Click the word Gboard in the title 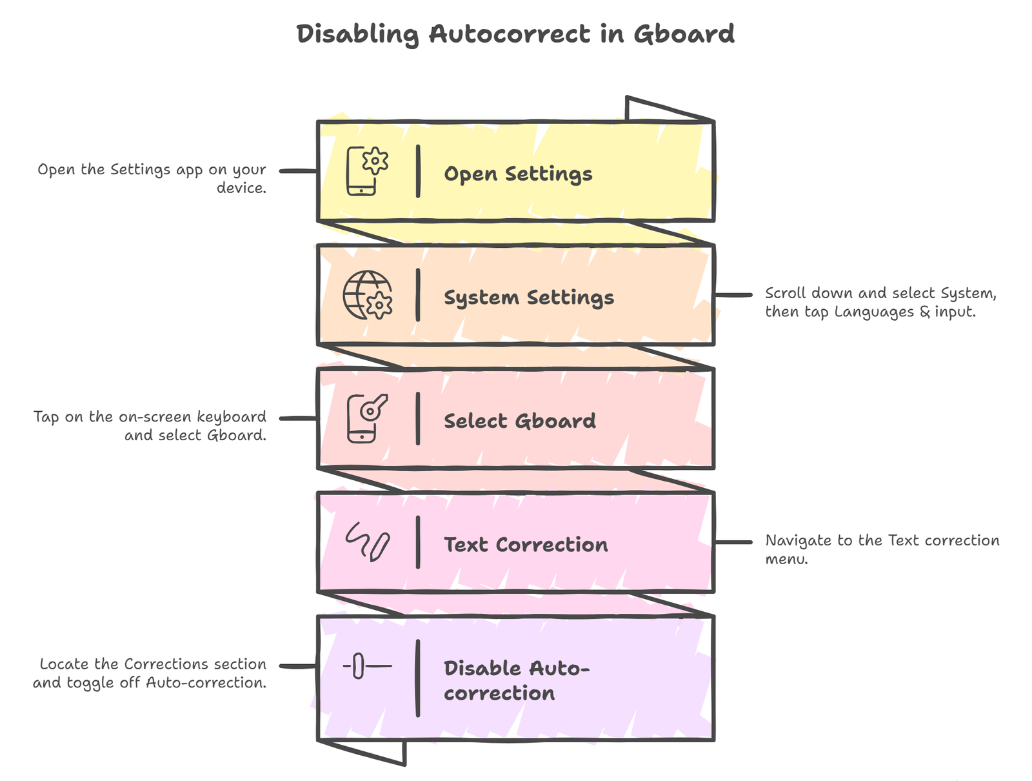pyautogui.click(x=684, y=34)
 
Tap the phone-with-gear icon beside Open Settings pyautogui.click(x=366, y=171)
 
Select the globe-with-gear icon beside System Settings pyautogui.click(x=367, y=295)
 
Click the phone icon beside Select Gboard pyautogui.click(x=366, y=418)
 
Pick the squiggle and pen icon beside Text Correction pyautogui.click(x=367, y=542)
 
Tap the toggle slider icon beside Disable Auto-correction pyautogui.click(x=366, y=665)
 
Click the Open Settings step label pyautogui.click(x=518, y=174)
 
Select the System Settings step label pyautogui.click(x=529, y=298)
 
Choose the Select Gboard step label pyautogui.click(x=520, y=421)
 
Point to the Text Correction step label pyautogui.click(x=526, y=545)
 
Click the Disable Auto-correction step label pyautogui.click(x=516, y=680)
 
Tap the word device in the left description pyautogui.click(x=241, y=188)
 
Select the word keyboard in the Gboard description pyautogui.click(x=231, y=417)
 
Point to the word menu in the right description pyautogui.click(x=786, y=559)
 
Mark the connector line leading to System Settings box pyautogui.click(x=733, y=295)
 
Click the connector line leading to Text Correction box pyautogui.click(x=733, y=542)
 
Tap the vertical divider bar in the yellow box pyautogui.click(x=418, y=171)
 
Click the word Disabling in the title pyautogui.click(x=357, y=34)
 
